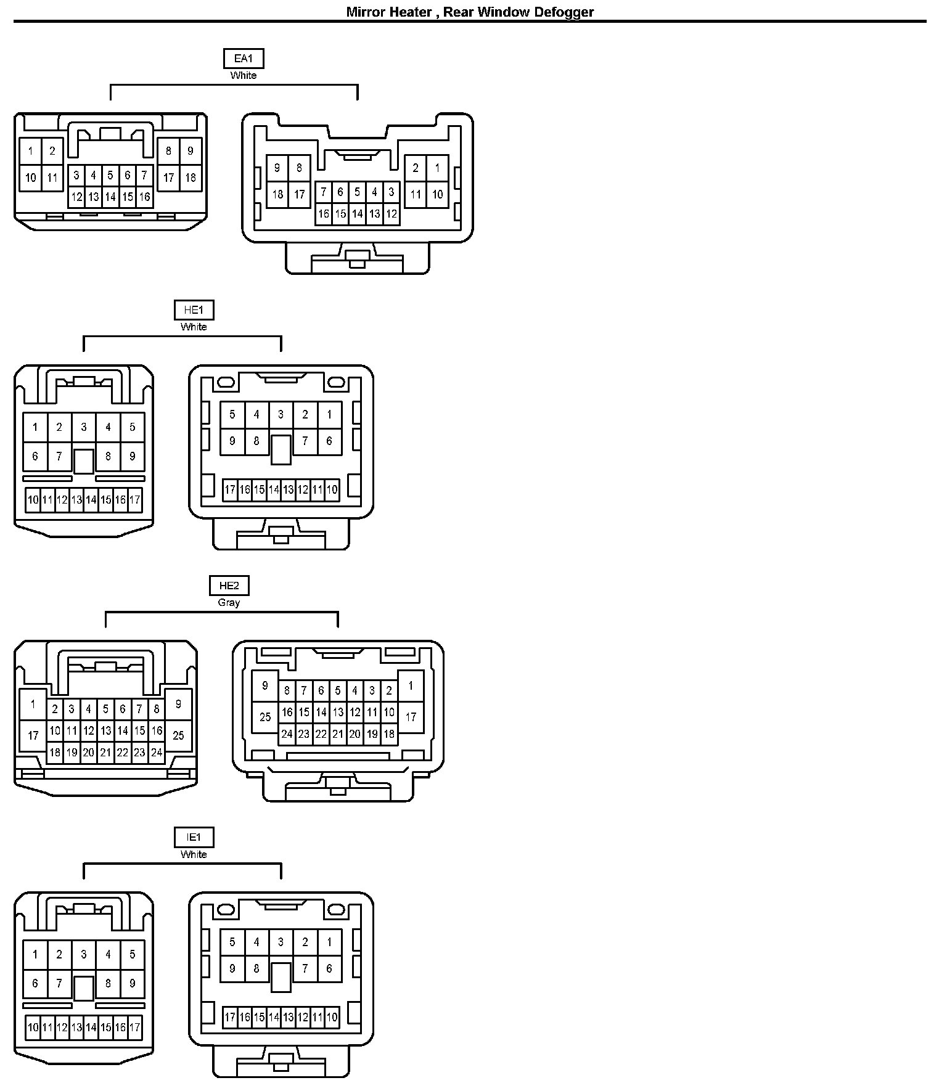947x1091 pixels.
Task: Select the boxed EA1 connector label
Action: point(244,59)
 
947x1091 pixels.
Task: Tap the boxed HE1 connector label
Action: point(194,310)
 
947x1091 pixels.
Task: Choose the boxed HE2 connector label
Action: point(229,586)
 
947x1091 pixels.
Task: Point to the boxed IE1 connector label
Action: point(194,837)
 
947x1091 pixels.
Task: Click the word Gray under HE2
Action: point(229,602)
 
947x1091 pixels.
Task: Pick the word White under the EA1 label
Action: point(244,75)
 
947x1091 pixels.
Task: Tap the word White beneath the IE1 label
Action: point(194,854)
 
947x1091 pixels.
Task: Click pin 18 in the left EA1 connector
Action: point(191,178)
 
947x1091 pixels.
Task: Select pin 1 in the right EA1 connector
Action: point(437,168)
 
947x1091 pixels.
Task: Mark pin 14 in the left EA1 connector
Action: point(110,197)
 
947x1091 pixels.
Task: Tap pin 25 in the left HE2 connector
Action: point(178,735)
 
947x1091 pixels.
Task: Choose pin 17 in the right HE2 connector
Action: point(411,717)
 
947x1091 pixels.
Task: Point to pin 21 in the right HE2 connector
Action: point(338,734)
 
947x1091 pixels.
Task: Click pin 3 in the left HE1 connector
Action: point(84,427)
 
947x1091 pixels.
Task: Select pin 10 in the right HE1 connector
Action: point(332,490)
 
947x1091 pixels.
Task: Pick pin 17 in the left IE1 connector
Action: point(134,1028)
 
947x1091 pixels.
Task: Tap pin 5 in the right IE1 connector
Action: point(232,942)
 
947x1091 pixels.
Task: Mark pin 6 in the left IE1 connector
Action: point(35,984)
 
